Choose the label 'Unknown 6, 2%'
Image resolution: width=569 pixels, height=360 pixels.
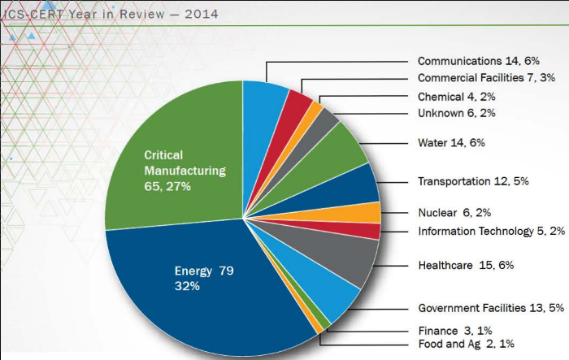(456, 113)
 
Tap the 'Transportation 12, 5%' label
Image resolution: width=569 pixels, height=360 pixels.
(473, 180)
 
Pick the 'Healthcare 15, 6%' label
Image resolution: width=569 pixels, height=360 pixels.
(466, 265)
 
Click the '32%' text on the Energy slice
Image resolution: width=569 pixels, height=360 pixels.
(188, 286)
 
